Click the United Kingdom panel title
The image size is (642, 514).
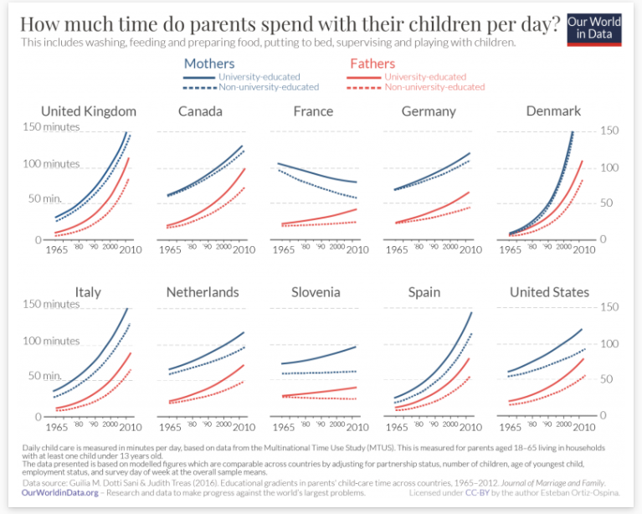tap(88, 111)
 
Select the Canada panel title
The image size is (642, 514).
tap(202, 111)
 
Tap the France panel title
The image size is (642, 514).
tap(313, 111)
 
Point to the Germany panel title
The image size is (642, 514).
tap(429, 111)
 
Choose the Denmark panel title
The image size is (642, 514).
tap(553, 111)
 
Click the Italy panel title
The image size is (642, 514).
tap(88, 292)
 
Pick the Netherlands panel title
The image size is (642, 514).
tap(203, 292)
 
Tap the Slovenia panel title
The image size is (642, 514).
tap(316, 292)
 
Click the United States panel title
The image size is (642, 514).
tap(549, 292)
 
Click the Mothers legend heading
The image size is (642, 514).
tap(208, 64)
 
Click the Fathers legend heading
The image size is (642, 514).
tap(372, 64)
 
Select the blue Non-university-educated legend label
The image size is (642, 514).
tap(268, 87)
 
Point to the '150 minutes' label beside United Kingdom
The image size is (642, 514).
tap(74, 127)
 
